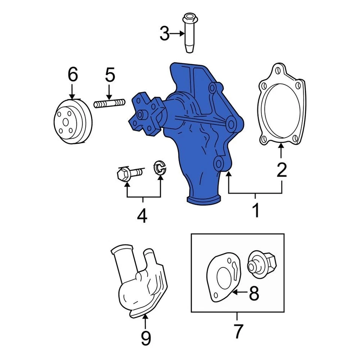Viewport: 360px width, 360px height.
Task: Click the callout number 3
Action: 164,34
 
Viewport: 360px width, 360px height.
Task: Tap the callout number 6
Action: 72,75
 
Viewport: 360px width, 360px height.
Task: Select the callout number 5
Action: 109,75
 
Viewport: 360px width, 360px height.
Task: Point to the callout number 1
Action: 255,210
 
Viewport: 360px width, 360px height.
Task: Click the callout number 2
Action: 281,170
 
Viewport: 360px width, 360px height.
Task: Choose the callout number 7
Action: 238,331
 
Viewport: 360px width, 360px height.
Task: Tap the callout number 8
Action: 254,294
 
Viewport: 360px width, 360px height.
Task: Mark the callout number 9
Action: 145,338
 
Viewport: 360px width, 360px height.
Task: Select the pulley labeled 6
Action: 72,121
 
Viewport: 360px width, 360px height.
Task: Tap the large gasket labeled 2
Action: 282,105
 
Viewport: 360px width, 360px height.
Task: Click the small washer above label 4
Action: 160,168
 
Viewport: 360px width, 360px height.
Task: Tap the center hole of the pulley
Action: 65,122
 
